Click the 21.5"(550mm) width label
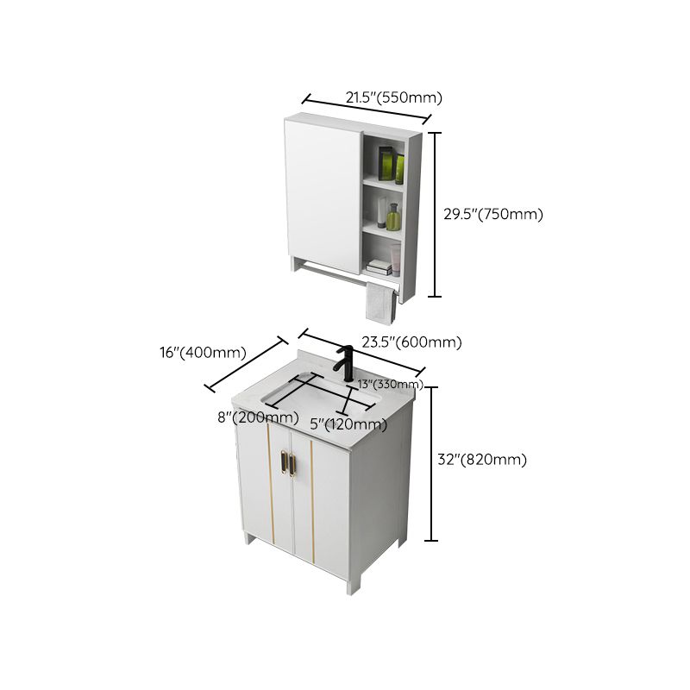coord(388,97)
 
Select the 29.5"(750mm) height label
coord(493,215)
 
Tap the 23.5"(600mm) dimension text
coord(411,342)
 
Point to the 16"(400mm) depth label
coord(204,352)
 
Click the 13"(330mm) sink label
coord(390,384)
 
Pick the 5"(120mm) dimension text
coord(348,424)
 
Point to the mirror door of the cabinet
coord(323,195)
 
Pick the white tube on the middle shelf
coord(381,212)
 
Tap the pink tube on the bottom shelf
coord(395,259)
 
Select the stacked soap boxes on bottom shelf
coord(378,266)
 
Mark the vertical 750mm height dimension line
coord(436,214)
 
